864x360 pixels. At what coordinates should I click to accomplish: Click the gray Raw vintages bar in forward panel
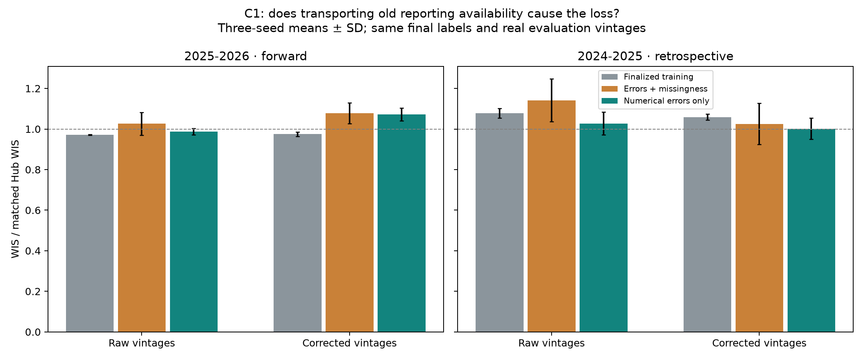[x=90, y=233]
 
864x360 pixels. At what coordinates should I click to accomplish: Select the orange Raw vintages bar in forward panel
[x=142, y=228]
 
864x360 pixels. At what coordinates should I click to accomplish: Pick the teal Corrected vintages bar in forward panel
[x=402, y=223]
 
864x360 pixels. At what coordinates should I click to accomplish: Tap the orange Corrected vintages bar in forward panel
[x=350, y=222]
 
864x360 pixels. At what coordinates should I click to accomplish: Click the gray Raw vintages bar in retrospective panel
[x=500, y=222]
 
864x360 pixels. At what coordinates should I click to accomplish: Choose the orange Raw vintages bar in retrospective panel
[x=552, y=216]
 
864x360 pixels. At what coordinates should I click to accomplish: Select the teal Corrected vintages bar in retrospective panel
[x=811, y=230]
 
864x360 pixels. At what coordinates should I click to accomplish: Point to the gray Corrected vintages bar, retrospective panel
[x=707, y=224]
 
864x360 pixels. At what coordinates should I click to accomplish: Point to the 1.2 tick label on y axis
[x=33, y=89]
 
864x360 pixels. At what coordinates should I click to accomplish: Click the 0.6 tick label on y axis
[x=33, y=210]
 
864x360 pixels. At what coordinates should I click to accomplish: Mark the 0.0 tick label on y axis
[x=33, y=332]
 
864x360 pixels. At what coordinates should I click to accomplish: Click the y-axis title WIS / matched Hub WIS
[x=15, y=199]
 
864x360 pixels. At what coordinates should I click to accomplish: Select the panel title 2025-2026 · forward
[x=246, y=56]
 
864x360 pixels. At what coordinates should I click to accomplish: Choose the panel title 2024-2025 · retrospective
[x=655, y=56]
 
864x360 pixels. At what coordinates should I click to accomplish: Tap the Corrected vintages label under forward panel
[x=350, y=343]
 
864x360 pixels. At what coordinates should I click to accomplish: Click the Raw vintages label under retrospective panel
[x=552, y=343]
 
